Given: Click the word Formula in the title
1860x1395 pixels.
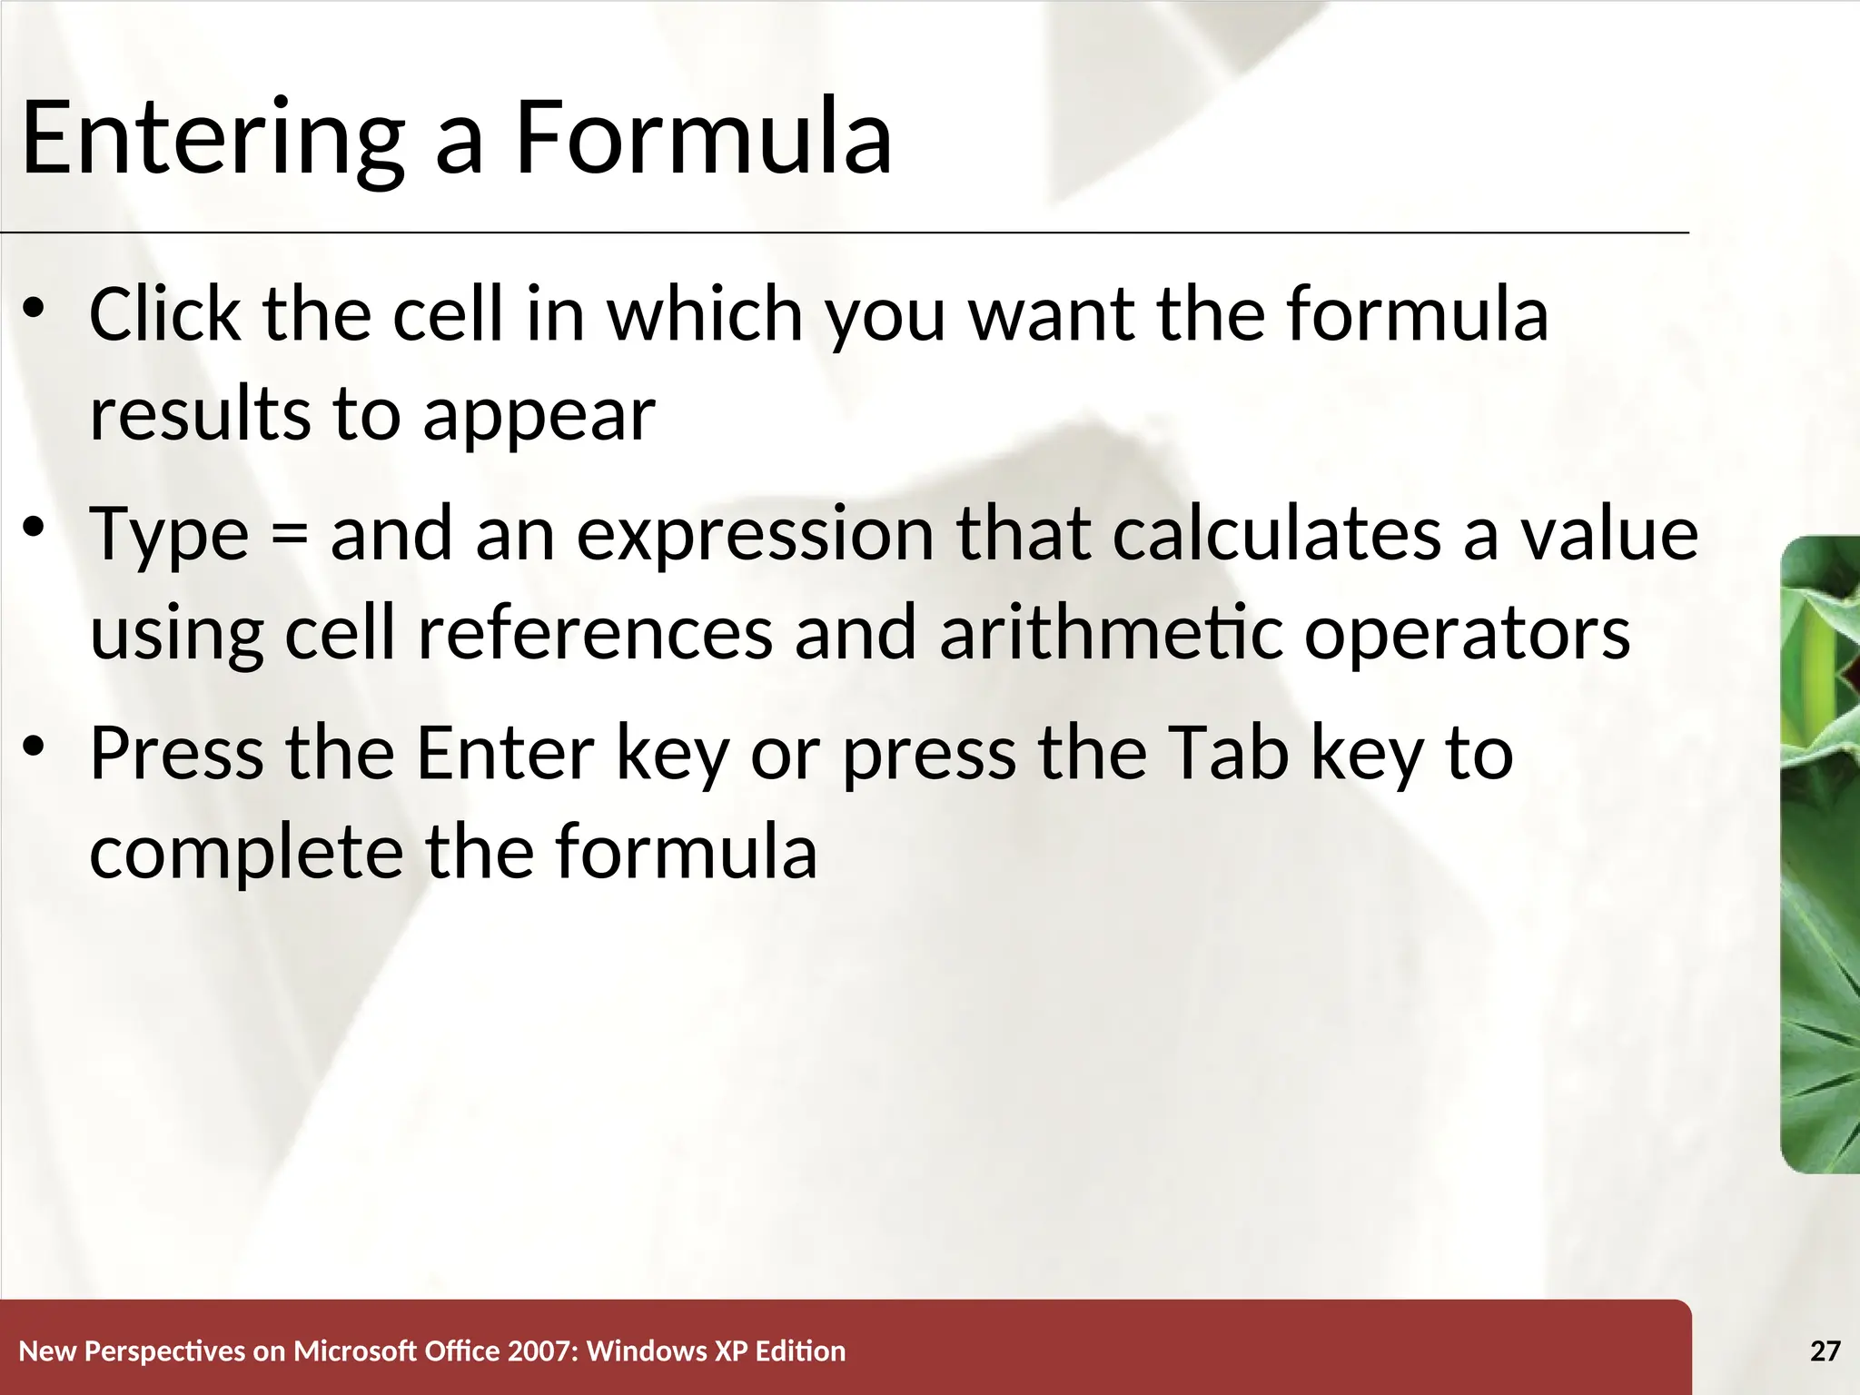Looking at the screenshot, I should tap(704, 139).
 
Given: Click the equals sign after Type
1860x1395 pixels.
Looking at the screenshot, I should tap(289, 536).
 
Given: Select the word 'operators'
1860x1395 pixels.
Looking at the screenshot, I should tap(1467, 635).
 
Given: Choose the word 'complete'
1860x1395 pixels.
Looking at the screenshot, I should tap(246, 854).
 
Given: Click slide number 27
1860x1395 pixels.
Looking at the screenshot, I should tap(1825, 1351).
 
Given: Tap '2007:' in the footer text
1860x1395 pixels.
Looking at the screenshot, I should tap(543, 1351).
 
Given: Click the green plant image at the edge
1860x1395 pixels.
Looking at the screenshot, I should tap(1820, 854).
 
